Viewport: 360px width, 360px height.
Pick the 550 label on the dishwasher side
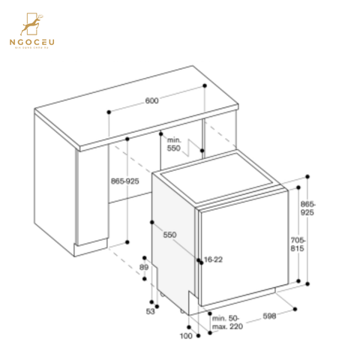coord(170,235)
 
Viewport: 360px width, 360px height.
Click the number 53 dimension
coord(150,310)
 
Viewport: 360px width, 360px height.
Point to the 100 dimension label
coord(185,335)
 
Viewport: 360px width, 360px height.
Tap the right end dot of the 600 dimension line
coord(205,86)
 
